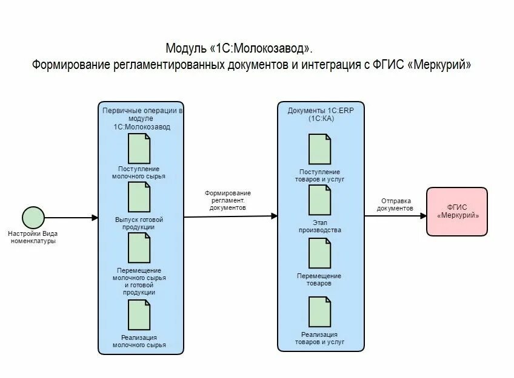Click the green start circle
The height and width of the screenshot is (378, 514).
[x=33, y=217]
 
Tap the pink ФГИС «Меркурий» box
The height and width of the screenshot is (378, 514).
[x=457, y=211]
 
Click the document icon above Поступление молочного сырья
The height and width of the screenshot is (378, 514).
[x=139, y=148]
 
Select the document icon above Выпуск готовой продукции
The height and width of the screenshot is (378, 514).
[x=139, y=198]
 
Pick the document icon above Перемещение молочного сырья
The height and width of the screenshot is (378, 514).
[x=139, y=248]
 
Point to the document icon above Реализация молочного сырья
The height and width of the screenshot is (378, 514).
[x=139, y=315]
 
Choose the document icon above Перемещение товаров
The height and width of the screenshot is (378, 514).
[x=320, y=253]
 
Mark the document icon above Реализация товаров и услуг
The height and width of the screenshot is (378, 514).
[x=320, y=312]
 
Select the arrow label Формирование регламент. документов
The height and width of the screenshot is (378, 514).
[x=227, y=200]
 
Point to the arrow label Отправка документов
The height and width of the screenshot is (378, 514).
[x=395, y=204]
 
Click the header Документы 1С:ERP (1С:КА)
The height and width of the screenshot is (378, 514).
[x=319, y=114]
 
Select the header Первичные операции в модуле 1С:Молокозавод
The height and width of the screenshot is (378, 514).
[x=141, y=119]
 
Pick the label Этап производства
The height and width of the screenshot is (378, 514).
[x=319, y=226]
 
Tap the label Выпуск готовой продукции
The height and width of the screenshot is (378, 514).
[x=139, y=223]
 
